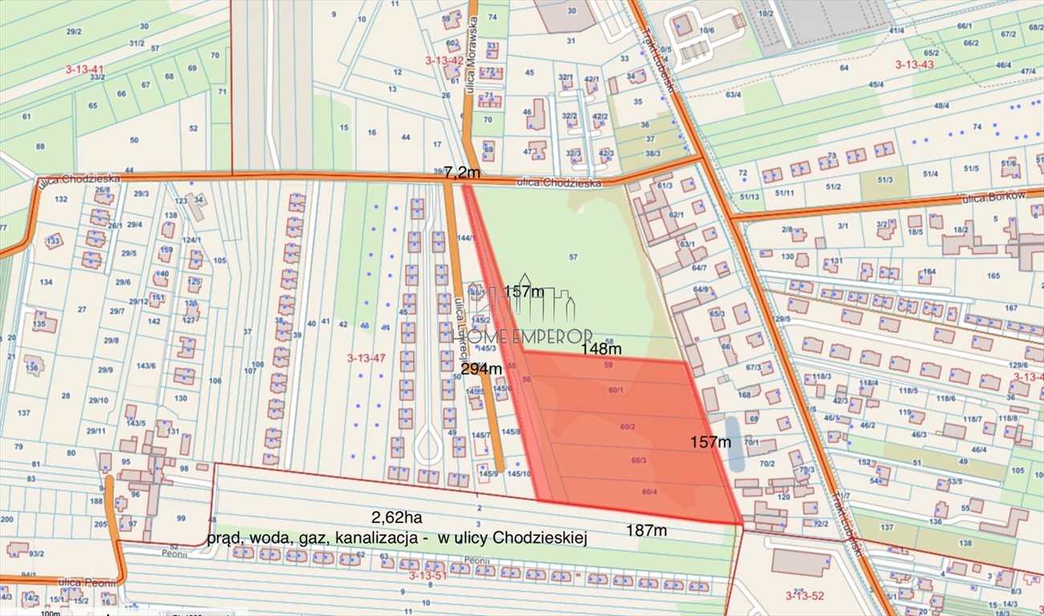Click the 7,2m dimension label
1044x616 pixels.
[x=462, y=172]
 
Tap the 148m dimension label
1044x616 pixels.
[x=601, y=349]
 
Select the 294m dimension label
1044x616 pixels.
[x=481, y=368]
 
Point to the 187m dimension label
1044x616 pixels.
[x=646, y=530]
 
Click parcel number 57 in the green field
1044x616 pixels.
[x=573, y=257]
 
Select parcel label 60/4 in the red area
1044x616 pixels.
[x=649, y=492]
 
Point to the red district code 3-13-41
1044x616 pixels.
[x=85, y=70]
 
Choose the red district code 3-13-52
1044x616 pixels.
[x=804, y=594]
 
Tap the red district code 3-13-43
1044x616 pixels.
[x=915, y=64]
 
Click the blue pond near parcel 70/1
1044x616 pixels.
[x=734, y=443]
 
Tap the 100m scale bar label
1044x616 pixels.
[x=50, y=613]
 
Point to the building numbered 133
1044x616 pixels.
[x=54, y=241]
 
